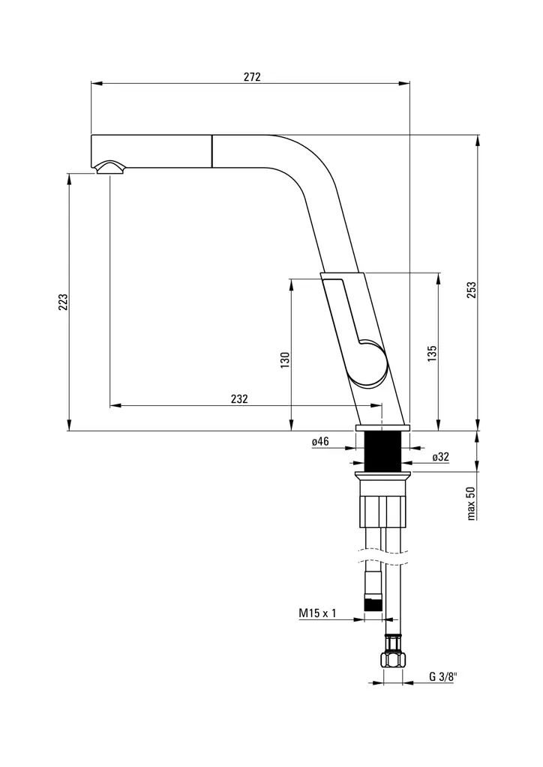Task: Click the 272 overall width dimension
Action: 251,76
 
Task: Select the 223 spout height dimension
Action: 64,301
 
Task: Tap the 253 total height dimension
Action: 472,291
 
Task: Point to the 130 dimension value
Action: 284,360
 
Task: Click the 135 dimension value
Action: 432,354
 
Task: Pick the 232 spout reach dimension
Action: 239,399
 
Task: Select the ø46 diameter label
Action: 320,442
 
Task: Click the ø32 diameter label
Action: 440,456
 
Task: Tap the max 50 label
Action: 472,503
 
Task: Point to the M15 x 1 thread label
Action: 317,613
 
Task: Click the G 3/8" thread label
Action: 442,676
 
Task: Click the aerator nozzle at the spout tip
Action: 110,168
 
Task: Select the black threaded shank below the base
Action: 382,451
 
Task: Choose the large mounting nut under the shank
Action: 383,512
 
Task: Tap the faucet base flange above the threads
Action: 382,428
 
